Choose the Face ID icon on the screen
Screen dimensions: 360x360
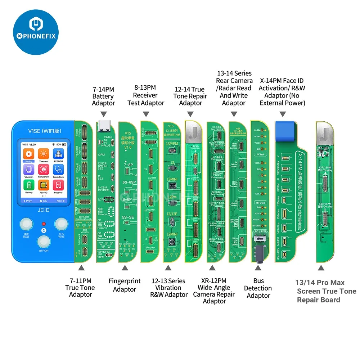coord(44,185)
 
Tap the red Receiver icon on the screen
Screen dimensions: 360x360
coord(58,185)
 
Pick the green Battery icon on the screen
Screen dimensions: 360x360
coord(29,185)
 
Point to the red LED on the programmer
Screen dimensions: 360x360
coord(44,223)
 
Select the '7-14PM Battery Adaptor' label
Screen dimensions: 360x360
coord(103,96)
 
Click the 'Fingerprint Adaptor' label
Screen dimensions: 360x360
coord(125,285)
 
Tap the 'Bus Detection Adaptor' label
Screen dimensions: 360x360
coord(258,288)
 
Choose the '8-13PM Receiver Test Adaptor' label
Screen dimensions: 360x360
coord(145,95)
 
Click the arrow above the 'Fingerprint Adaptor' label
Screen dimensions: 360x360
coord(125,268)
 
